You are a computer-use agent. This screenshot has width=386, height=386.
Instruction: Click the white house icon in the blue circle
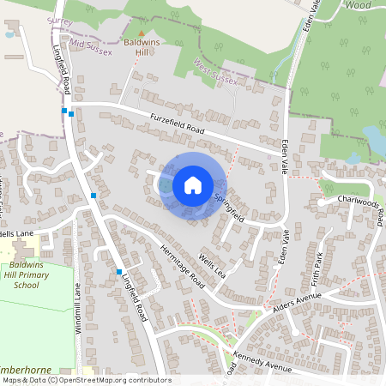[193, 184]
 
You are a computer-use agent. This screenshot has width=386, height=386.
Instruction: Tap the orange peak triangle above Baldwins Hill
[142, 33]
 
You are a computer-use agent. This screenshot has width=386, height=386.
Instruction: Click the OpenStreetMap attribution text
[86, 380]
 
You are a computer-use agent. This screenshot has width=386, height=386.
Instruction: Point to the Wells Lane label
[16, 233]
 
